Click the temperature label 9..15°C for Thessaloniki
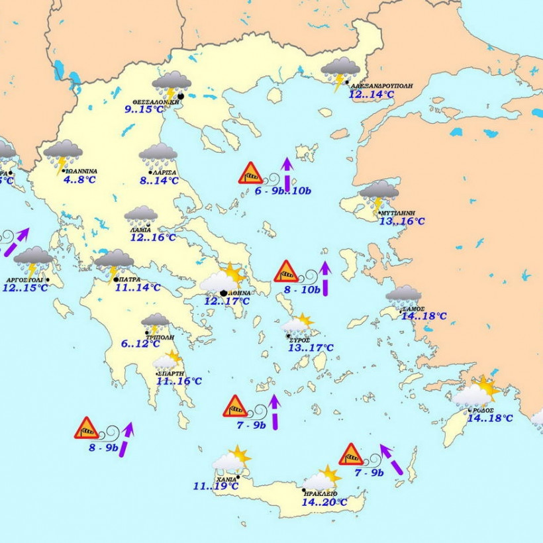click(143, 109)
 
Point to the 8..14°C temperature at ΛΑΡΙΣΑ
click(159, 180)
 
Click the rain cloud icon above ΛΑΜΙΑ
click(141, 216)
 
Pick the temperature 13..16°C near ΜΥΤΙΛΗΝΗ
click(401, 221)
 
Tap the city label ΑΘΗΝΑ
click(239, 292)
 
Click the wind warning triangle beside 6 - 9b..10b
click(251, 173)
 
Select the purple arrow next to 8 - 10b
click(324, 277)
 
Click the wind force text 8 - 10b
click(302, 289)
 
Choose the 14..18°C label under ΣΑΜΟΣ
click(424, 317)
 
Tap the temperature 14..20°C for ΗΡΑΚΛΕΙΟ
click(324, 503)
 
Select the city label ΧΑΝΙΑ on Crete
click(226, 479)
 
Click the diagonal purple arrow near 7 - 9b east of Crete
click(391, 460)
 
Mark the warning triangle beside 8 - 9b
click(86, 428)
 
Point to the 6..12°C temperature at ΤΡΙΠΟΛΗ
click(140, 344)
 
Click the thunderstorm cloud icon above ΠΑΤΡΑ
click(114, 263)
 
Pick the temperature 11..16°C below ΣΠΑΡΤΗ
click(179, 381)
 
